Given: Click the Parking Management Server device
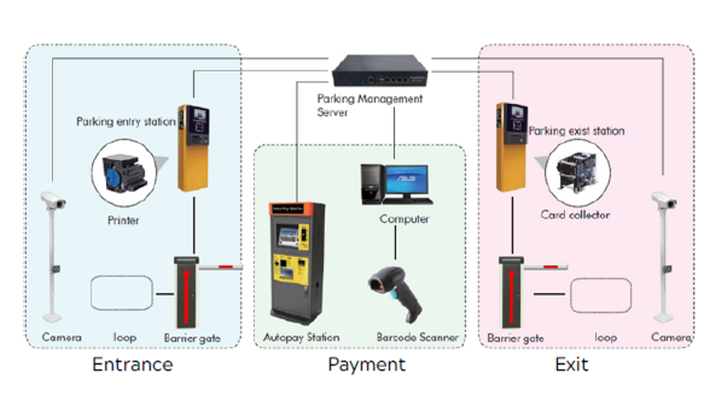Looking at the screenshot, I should [x=380, y=71].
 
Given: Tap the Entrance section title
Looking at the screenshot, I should [x=132, y=364].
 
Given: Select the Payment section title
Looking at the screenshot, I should [x=367, y=364].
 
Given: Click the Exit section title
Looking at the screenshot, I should [x=571, y=364].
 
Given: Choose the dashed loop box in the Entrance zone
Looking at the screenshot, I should [x=122, y=293].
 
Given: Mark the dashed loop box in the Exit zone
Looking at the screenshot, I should [x=600, y=296].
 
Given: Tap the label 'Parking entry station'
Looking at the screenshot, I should [x=126, y=121].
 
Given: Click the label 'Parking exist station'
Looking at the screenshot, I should [x=577, y=131].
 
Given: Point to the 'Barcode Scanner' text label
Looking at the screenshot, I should [x=417, y=337].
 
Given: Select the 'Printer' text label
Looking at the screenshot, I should [x=123, y=220].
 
